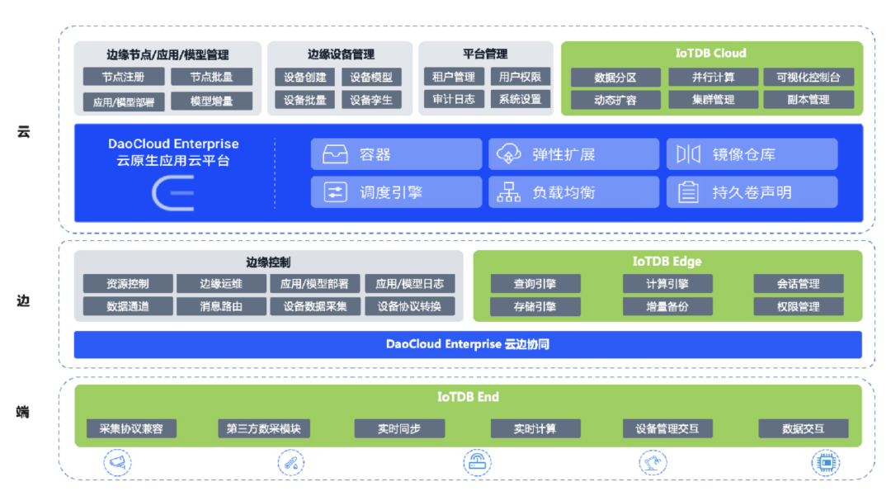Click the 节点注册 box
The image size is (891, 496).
[x=124, y=77]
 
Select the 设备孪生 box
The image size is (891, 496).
[x=371, y=100]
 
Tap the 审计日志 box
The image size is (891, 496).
[x=454, y=99]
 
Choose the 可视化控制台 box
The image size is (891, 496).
[x=808, y=77]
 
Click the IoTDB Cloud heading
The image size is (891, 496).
[x=710, y=53]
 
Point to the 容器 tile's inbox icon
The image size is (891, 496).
[x=336, y=154]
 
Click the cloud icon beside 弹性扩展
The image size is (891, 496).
[x=510, y=154]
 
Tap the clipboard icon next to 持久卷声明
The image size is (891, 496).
[x=688, y=192]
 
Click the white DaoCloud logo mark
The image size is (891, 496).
[x=173, y=193]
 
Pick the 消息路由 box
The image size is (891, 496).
[x=221, y=306]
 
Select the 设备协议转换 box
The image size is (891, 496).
[x=409, y=306]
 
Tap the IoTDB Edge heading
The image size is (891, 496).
[x=667, y=262]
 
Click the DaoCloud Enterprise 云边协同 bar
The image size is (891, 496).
[x=467, y=344]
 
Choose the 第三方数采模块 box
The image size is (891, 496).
[x=264, y=428]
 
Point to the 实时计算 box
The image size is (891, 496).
[x=535, y=428]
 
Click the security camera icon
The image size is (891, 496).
[x=117, y=462]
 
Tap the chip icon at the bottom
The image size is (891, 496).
[x=824, y=462]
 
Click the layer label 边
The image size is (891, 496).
[x=23, y=300]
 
